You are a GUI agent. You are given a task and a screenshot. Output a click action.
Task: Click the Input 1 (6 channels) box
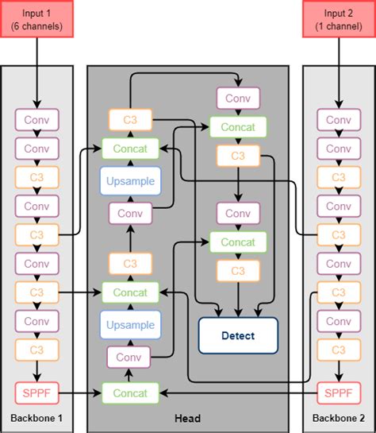(x=36, y=18)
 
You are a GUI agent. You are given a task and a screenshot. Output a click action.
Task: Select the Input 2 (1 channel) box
(x=339, y=18)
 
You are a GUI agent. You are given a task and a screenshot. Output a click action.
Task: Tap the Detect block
(x=238, y=335)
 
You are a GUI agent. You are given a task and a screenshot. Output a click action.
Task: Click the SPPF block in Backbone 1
(x=36, y=392)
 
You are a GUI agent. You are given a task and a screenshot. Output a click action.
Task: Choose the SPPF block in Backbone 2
(x=339, y=392)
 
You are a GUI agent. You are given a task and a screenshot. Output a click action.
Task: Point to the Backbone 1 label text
(x=36, y=419)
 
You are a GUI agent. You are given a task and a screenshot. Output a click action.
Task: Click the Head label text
(x=187, y=419)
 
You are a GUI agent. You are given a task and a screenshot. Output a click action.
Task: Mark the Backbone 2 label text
(x=339, y=419)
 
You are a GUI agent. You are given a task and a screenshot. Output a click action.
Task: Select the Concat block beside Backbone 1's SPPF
(x=130, y=392)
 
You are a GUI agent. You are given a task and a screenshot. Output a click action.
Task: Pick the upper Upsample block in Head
(x=130, y=180)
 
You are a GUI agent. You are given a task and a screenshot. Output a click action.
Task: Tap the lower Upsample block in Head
(x=130, y=324)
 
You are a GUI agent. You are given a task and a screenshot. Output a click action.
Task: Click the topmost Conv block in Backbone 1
(x=36, y=120)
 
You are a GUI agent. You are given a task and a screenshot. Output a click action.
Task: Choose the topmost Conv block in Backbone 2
(x=339, y=120)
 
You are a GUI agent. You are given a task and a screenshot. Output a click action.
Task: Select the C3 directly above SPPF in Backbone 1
(x=36, y=350)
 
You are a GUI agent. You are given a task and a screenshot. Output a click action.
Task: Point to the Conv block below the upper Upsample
(x=130, y=213)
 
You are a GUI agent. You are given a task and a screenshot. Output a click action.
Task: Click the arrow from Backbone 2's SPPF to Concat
(x=238, y=392)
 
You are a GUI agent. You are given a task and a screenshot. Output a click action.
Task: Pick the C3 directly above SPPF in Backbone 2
(x=339, y=350)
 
